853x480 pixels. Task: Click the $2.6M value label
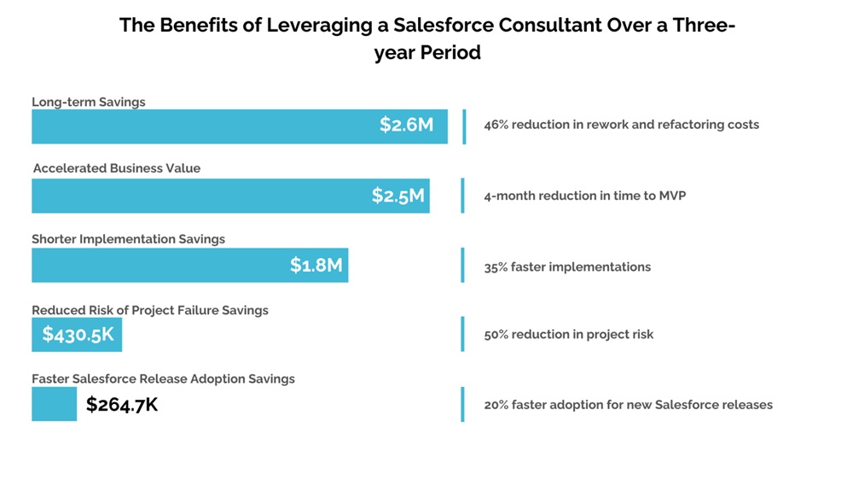pos(407,126)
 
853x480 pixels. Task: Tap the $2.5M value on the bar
pos(397,196)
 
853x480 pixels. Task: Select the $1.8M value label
pos(316,266)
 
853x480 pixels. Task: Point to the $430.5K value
pos(78,335)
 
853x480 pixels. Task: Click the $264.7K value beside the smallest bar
pos(122,405)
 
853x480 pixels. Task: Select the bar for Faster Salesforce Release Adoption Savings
pos(54,404)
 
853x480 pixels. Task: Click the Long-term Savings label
pos(89,102)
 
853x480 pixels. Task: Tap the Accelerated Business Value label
pos(117,168)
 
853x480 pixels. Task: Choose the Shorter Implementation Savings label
pos(129,239)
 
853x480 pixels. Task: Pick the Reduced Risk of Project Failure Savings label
pos(150,310)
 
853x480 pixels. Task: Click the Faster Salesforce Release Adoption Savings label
pos(163,378)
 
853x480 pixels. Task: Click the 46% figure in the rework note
pos(496,125)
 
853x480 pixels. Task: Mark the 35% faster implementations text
pos(567,266)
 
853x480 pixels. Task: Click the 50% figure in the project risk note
pos(496,334)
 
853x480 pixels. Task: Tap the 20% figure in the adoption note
pos(496,405)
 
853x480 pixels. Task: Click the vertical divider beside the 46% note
pos(464,126)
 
